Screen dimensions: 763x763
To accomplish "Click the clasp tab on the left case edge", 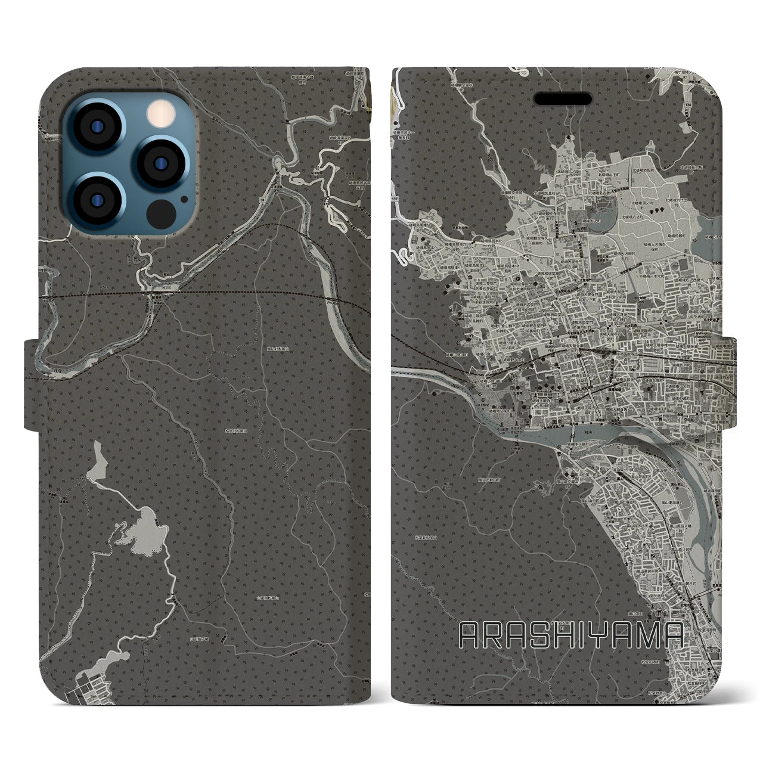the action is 33,384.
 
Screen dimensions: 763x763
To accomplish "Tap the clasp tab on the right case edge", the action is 730,381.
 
